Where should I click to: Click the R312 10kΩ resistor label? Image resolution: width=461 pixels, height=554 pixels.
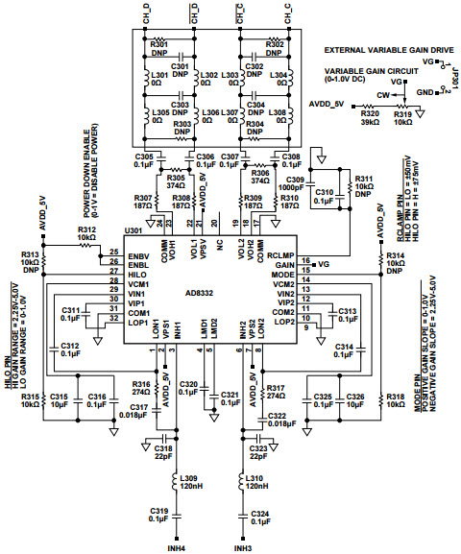pos(86,233)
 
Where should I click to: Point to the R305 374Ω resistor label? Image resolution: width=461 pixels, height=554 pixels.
pos(175,181)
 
